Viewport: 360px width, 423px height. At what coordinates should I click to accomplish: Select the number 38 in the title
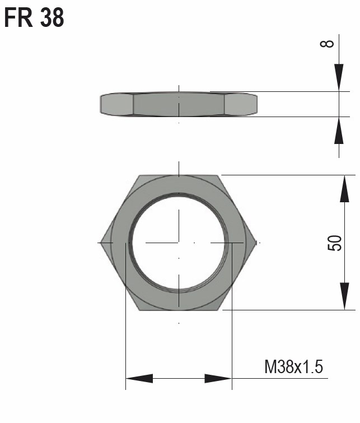pos(52,18)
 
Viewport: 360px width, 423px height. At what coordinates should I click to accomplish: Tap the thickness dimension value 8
pos(330,43)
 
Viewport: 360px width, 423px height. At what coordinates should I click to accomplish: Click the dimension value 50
pos(334,243)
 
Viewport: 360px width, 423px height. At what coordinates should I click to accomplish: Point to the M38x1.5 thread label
pos(293,368)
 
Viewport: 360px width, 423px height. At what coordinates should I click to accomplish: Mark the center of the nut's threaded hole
pos(179,243)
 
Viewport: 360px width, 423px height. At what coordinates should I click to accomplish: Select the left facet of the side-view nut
pos(116,104)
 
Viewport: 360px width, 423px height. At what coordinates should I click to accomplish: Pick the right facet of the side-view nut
pos(241,104)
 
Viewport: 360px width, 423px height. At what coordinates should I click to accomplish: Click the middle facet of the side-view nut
pos(179,104)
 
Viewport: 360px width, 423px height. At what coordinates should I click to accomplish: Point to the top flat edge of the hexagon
pos(179,175)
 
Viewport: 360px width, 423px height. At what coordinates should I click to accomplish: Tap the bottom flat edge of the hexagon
pos(179,310)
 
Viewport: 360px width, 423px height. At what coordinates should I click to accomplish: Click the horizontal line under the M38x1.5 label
pos(280,379)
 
